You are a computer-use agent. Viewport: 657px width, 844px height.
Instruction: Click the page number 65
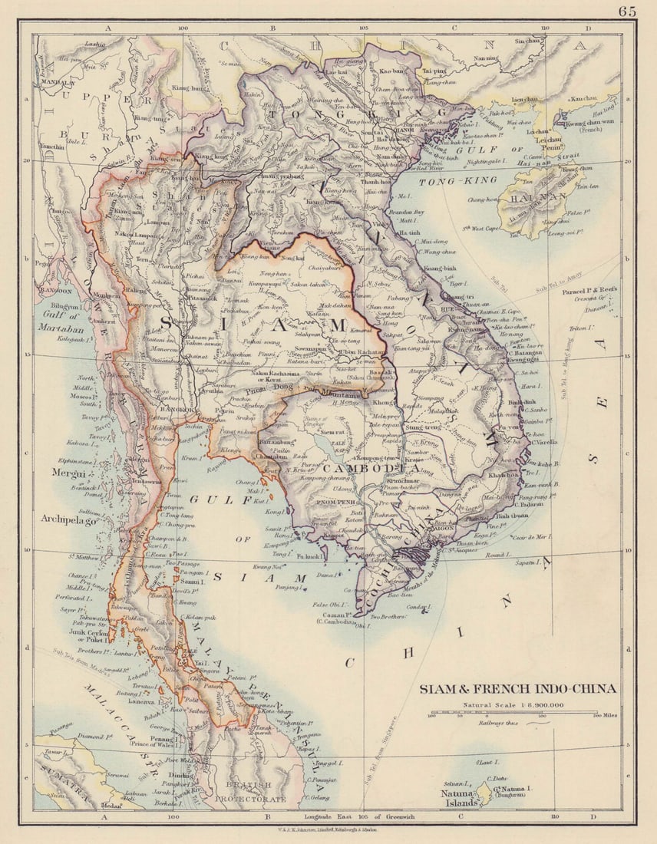[x=627, y=11]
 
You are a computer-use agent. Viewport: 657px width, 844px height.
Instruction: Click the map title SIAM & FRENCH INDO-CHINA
[x=517, y=688]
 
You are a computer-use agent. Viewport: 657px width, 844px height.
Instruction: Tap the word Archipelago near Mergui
[x=69, y=520]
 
